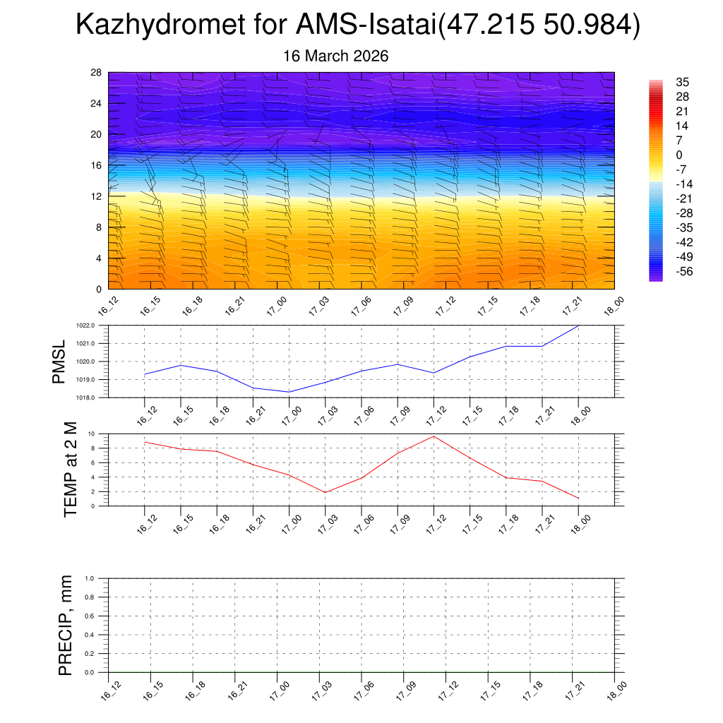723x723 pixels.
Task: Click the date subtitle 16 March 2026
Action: point(335,56)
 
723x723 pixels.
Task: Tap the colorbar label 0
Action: point(679,155)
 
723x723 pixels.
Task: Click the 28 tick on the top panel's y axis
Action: point(96,73)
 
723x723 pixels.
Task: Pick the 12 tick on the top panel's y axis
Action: point(96,196)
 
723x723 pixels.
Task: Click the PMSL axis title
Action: point(59,361)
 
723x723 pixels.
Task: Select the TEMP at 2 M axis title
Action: point(70,469)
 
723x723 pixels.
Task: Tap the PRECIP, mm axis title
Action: point(66,626)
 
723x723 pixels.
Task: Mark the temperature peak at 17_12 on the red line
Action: point(434,436)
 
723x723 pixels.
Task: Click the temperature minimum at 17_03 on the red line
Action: point(325,492)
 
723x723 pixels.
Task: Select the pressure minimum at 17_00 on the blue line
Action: point(289,392)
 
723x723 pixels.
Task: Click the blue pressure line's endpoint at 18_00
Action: point(579,325)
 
